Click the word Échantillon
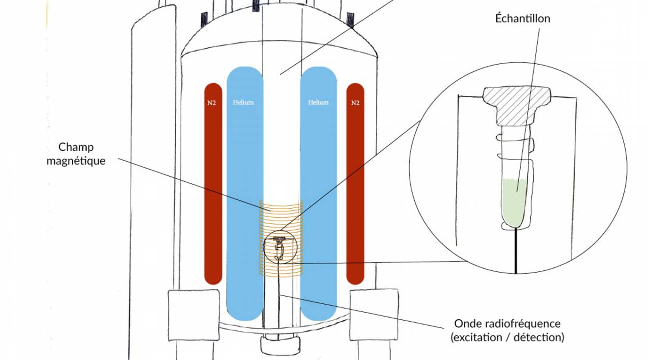click(522, 19)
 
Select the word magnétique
click(76, 160)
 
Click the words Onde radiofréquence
click(507, 324)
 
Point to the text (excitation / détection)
click(507, 337)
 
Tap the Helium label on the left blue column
click(243, 102)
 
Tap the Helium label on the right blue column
click(318, 102)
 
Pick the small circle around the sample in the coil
click(279, 248)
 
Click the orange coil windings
click(281, 213)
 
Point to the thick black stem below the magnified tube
click(516, 251)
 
